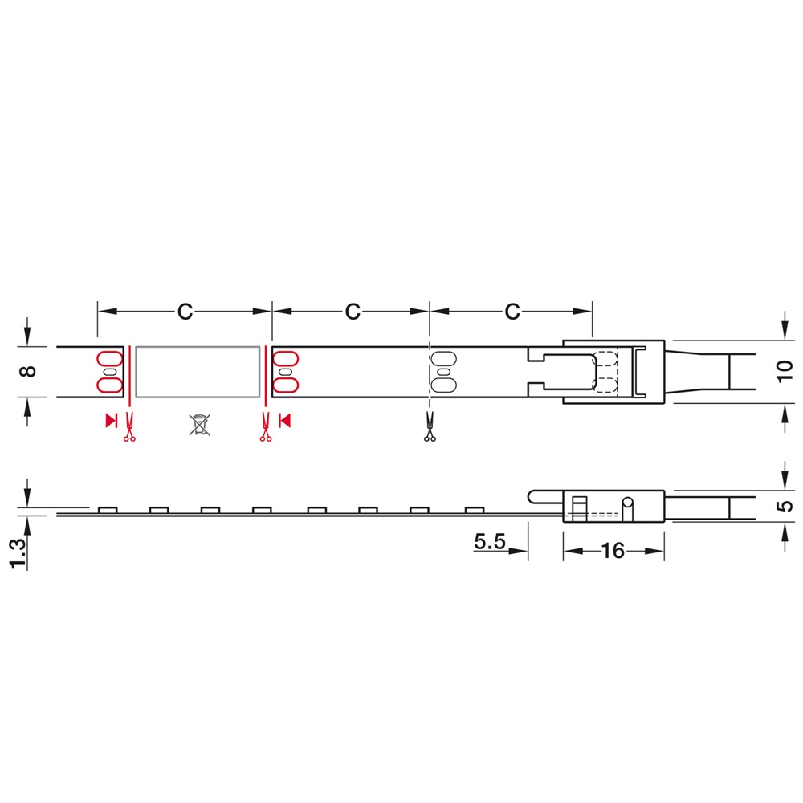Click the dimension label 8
pos(27,371)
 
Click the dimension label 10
pos(785,371)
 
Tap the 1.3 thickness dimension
pos(17,553)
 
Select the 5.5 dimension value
pos(490,541)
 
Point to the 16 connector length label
pos(613,551)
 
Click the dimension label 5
pos(785,506)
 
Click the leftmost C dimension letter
pos(185,312)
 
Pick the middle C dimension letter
pos(353,312)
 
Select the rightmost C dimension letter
pos(512,312)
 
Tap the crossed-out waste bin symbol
pos(199,425)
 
